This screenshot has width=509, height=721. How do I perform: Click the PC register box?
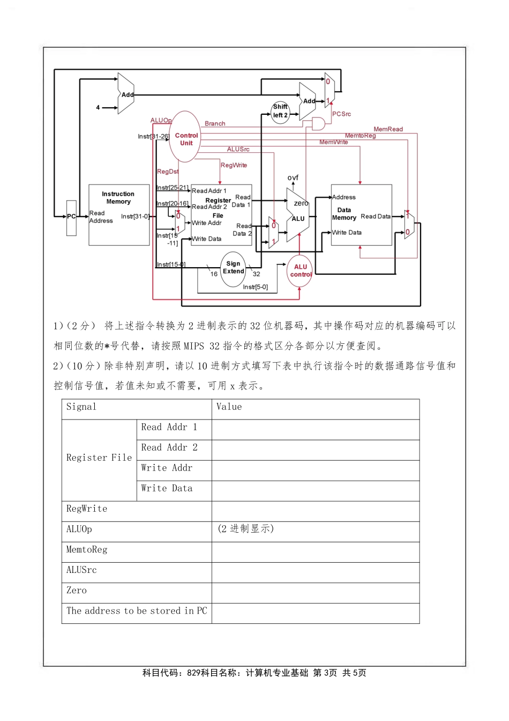point(71,217)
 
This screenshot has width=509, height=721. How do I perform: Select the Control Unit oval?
point(185,137)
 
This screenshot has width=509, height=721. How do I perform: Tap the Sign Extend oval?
point(233,268)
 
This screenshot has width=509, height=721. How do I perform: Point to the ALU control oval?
point(300,271)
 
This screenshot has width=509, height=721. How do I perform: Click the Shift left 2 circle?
point(280,112)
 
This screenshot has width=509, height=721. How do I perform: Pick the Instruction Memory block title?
point(118,198)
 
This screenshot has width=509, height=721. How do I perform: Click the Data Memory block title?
point(344,214)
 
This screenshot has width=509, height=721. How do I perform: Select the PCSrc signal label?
point(341,114)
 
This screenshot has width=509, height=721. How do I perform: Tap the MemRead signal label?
point(388,129)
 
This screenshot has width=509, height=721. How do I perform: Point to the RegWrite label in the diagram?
point(234,165)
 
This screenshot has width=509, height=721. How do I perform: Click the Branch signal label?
point(215,124)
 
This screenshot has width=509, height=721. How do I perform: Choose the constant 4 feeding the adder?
point(98,108)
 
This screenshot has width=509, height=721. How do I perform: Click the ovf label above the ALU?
point(293,178)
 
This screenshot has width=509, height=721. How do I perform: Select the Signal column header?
point(81,407)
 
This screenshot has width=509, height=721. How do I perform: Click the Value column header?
point(229,407)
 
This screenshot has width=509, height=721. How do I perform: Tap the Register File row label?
point(99,458)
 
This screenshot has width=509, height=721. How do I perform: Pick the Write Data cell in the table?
point(167,489)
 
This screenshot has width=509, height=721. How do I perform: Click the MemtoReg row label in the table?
point(87,550)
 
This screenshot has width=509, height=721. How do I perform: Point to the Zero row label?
point(77,591)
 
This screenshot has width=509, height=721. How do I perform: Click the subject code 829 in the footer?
point(193,673)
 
